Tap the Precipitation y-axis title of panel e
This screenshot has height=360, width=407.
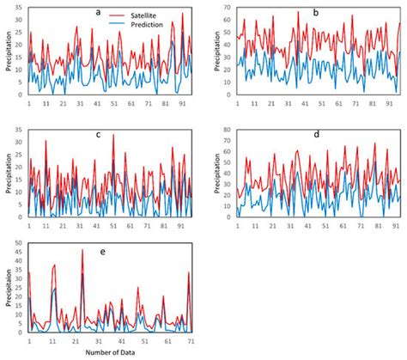coord(8,289)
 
